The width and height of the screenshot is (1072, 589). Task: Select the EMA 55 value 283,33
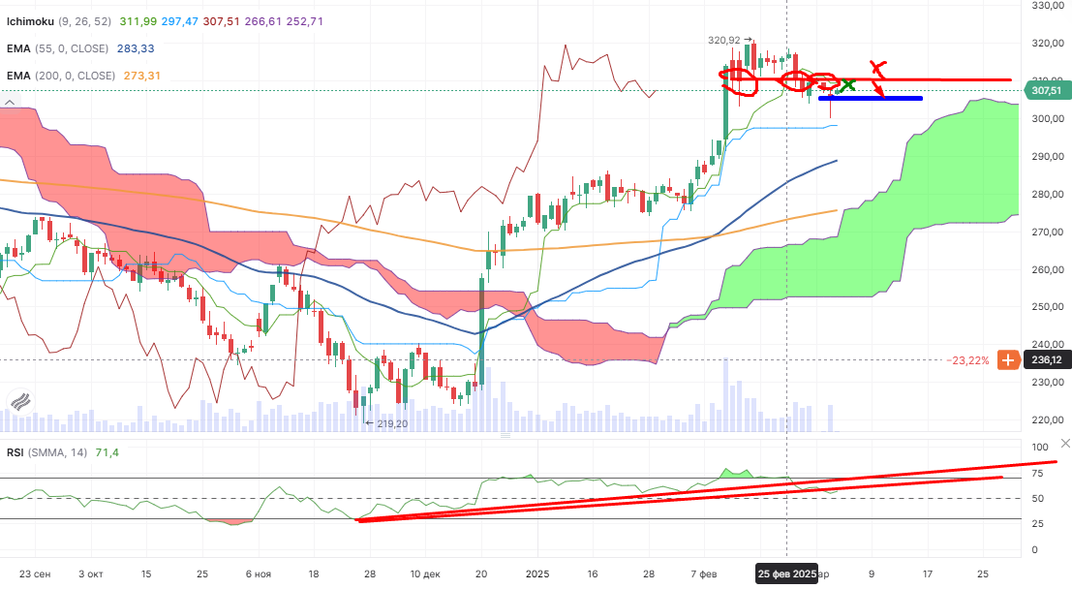(x=135, y=48)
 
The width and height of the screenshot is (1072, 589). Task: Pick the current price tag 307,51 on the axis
(x=1045, y=90)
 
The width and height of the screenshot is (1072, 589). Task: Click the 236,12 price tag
(x=1045, y=359)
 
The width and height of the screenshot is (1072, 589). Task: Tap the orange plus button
(x=1007, y=359)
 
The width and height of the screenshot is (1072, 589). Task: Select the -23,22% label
(x=968, y=359)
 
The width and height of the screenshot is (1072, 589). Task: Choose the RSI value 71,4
(x=107, y=452)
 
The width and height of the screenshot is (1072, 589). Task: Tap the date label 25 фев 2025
(x=786, y=573)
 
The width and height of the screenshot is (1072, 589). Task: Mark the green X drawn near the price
(x=848, y=85)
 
